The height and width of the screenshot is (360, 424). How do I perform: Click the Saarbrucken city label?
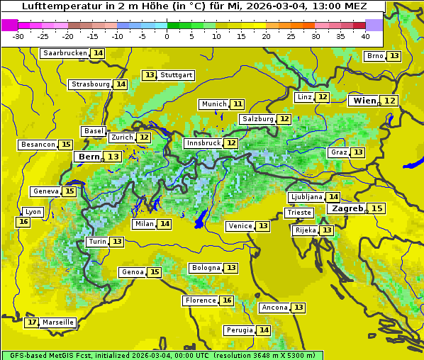tap(65, 53)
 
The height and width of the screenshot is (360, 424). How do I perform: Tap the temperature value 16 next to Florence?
tap(227, 300)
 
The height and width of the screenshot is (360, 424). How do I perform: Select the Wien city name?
tap(365, 101)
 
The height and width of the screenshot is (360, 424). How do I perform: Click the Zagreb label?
tap(347, 208)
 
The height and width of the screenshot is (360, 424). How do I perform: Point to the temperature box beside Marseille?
tap(31, 322)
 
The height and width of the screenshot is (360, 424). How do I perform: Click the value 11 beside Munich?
tap(238, 104)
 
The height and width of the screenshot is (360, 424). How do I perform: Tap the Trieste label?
tap(299, 213)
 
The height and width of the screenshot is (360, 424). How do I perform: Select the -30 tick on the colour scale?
tap(18, 35)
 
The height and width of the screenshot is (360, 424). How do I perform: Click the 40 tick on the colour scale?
tap(365, 35)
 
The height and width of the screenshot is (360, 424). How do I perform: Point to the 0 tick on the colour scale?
tap(167, 35)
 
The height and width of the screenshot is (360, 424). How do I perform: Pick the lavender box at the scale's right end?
tap(374, 25)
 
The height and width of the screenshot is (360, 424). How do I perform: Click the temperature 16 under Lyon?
tap(23, 222)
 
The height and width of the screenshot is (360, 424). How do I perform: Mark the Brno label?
tap(374, 56)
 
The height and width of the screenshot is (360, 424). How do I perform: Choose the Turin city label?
tap(97, 242)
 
